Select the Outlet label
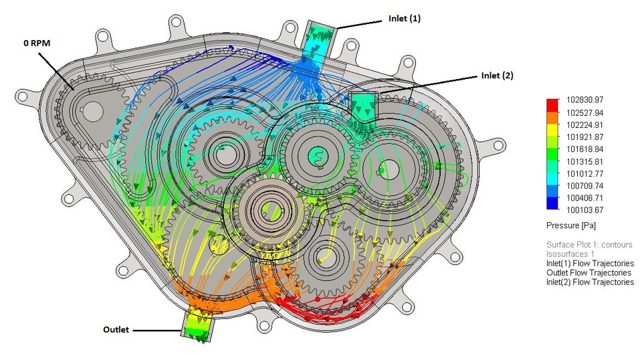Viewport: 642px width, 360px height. pyautogui.click(x=118, y=329)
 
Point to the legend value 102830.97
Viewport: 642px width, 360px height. pyautogui.click(x=586, y=100)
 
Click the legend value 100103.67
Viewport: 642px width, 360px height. pyautogui.click(x=586, y=210)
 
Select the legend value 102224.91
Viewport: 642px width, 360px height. pyautogui.click(x=586, y=124)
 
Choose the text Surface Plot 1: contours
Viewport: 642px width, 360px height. pyautogui.click(x=589, y=245)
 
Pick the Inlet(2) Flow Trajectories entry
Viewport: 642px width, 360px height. pyautogui.click(x=590, y=282)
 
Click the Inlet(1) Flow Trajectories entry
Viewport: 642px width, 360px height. pyautogui.click(x=590, y=264)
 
